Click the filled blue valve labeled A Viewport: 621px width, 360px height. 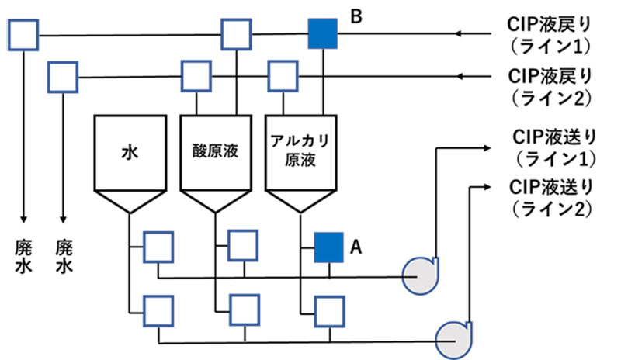(x=329, y=247)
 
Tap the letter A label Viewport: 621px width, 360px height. (x=356, y=247)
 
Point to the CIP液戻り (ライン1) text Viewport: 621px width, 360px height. (x=550, y=35)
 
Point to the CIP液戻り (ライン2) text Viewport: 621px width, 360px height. (x=550, y=86)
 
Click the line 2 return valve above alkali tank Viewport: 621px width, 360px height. (x=281, y=76)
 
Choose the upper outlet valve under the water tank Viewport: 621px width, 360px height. (x=158, y=247)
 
